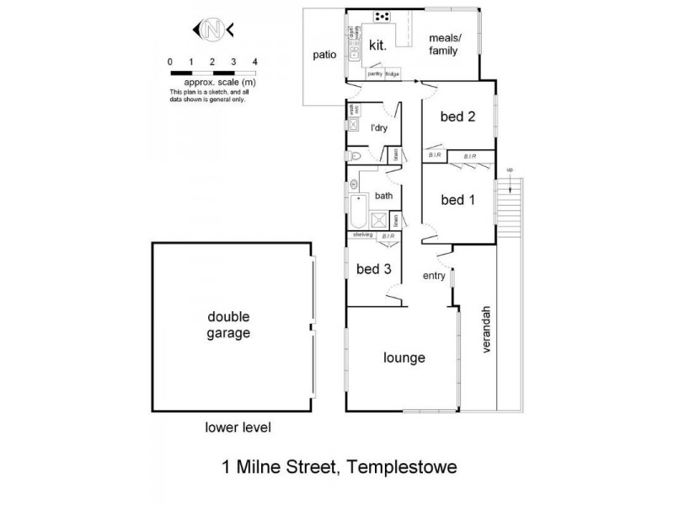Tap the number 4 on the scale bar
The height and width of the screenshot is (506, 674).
coord(254,62)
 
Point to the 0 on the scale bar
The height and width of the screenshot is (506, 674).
coord(171,62)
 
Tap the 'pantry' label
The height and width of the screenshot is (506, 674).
coord(374,74)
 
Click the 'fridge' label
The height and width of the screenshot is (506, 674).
coord(393,74)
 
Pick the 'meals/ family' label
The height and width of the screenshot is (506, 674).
coord(443,45)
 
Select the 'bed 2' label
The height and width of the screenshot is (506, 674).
coord(458,117)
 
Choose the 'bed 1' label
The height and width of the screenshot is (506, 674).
coord(458,200)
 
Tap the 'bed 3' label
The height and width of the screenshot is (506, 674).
coord(372,269)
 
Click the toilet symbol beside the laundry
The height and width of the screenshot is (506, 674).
coord(355,157)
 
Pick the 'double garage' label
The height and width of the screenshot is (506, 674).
coord(230,325)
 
